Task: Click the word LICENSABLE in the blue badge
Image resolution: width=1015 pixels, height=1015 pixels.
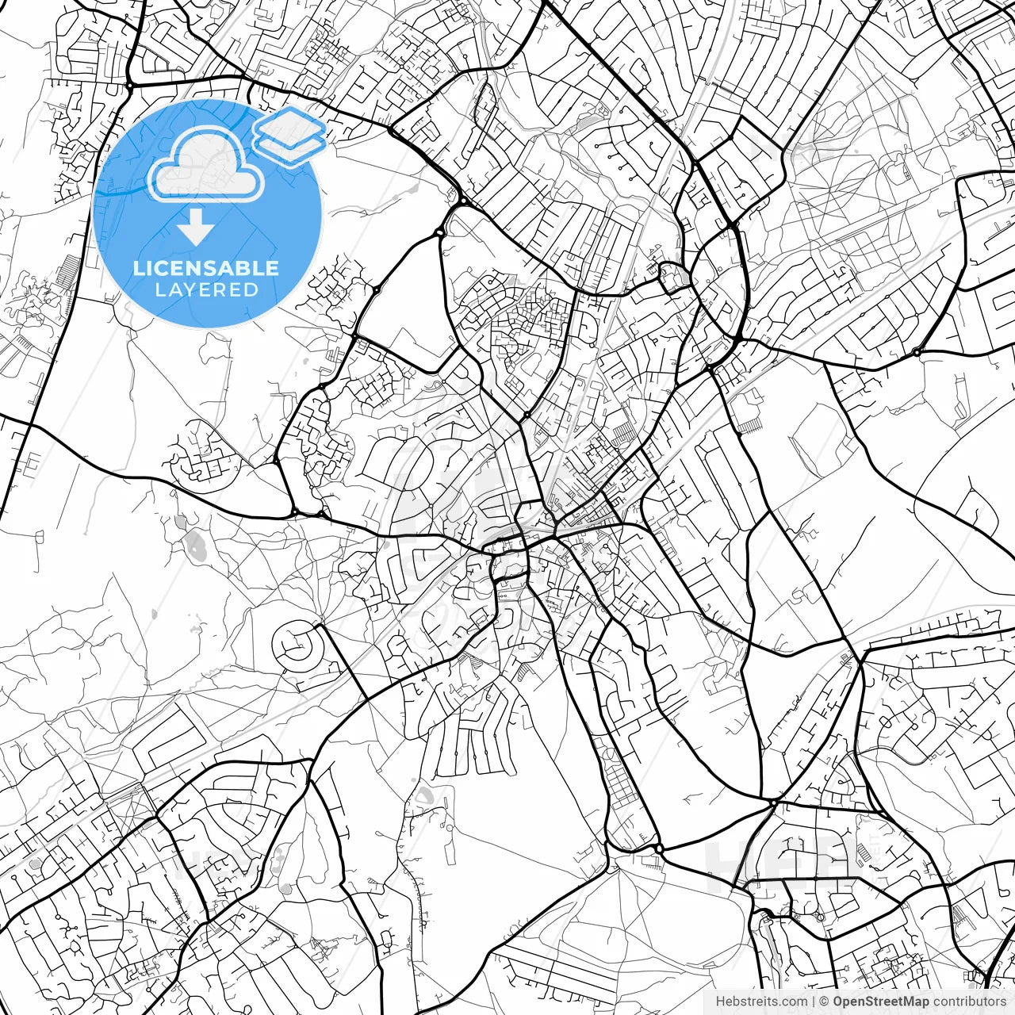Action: point(206,268)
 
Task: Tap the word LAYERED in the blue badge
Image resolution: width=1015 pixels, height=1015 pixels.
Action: point(206,289)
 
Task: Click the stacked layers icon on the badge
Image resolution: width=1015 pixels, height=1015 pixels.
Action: point(290,135)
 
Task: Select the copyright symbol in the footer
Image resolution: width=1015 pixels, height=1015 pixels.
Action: point(824,1002)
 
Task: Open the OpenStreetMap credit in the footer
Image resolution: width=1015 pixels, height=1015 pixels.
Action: point(881,1002)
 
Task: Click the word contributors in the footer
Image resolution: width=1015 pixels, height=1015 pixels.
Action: point(969,1002)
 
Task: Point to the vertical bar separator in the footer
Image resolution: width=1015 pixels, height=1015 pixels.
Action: point(814,1002)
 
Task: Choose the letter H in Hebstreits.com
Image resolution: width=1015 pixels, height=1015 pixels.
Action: point(720,1002)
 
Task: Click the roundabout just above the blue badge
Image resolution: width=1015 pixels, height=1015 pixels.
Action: point(128,84)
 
